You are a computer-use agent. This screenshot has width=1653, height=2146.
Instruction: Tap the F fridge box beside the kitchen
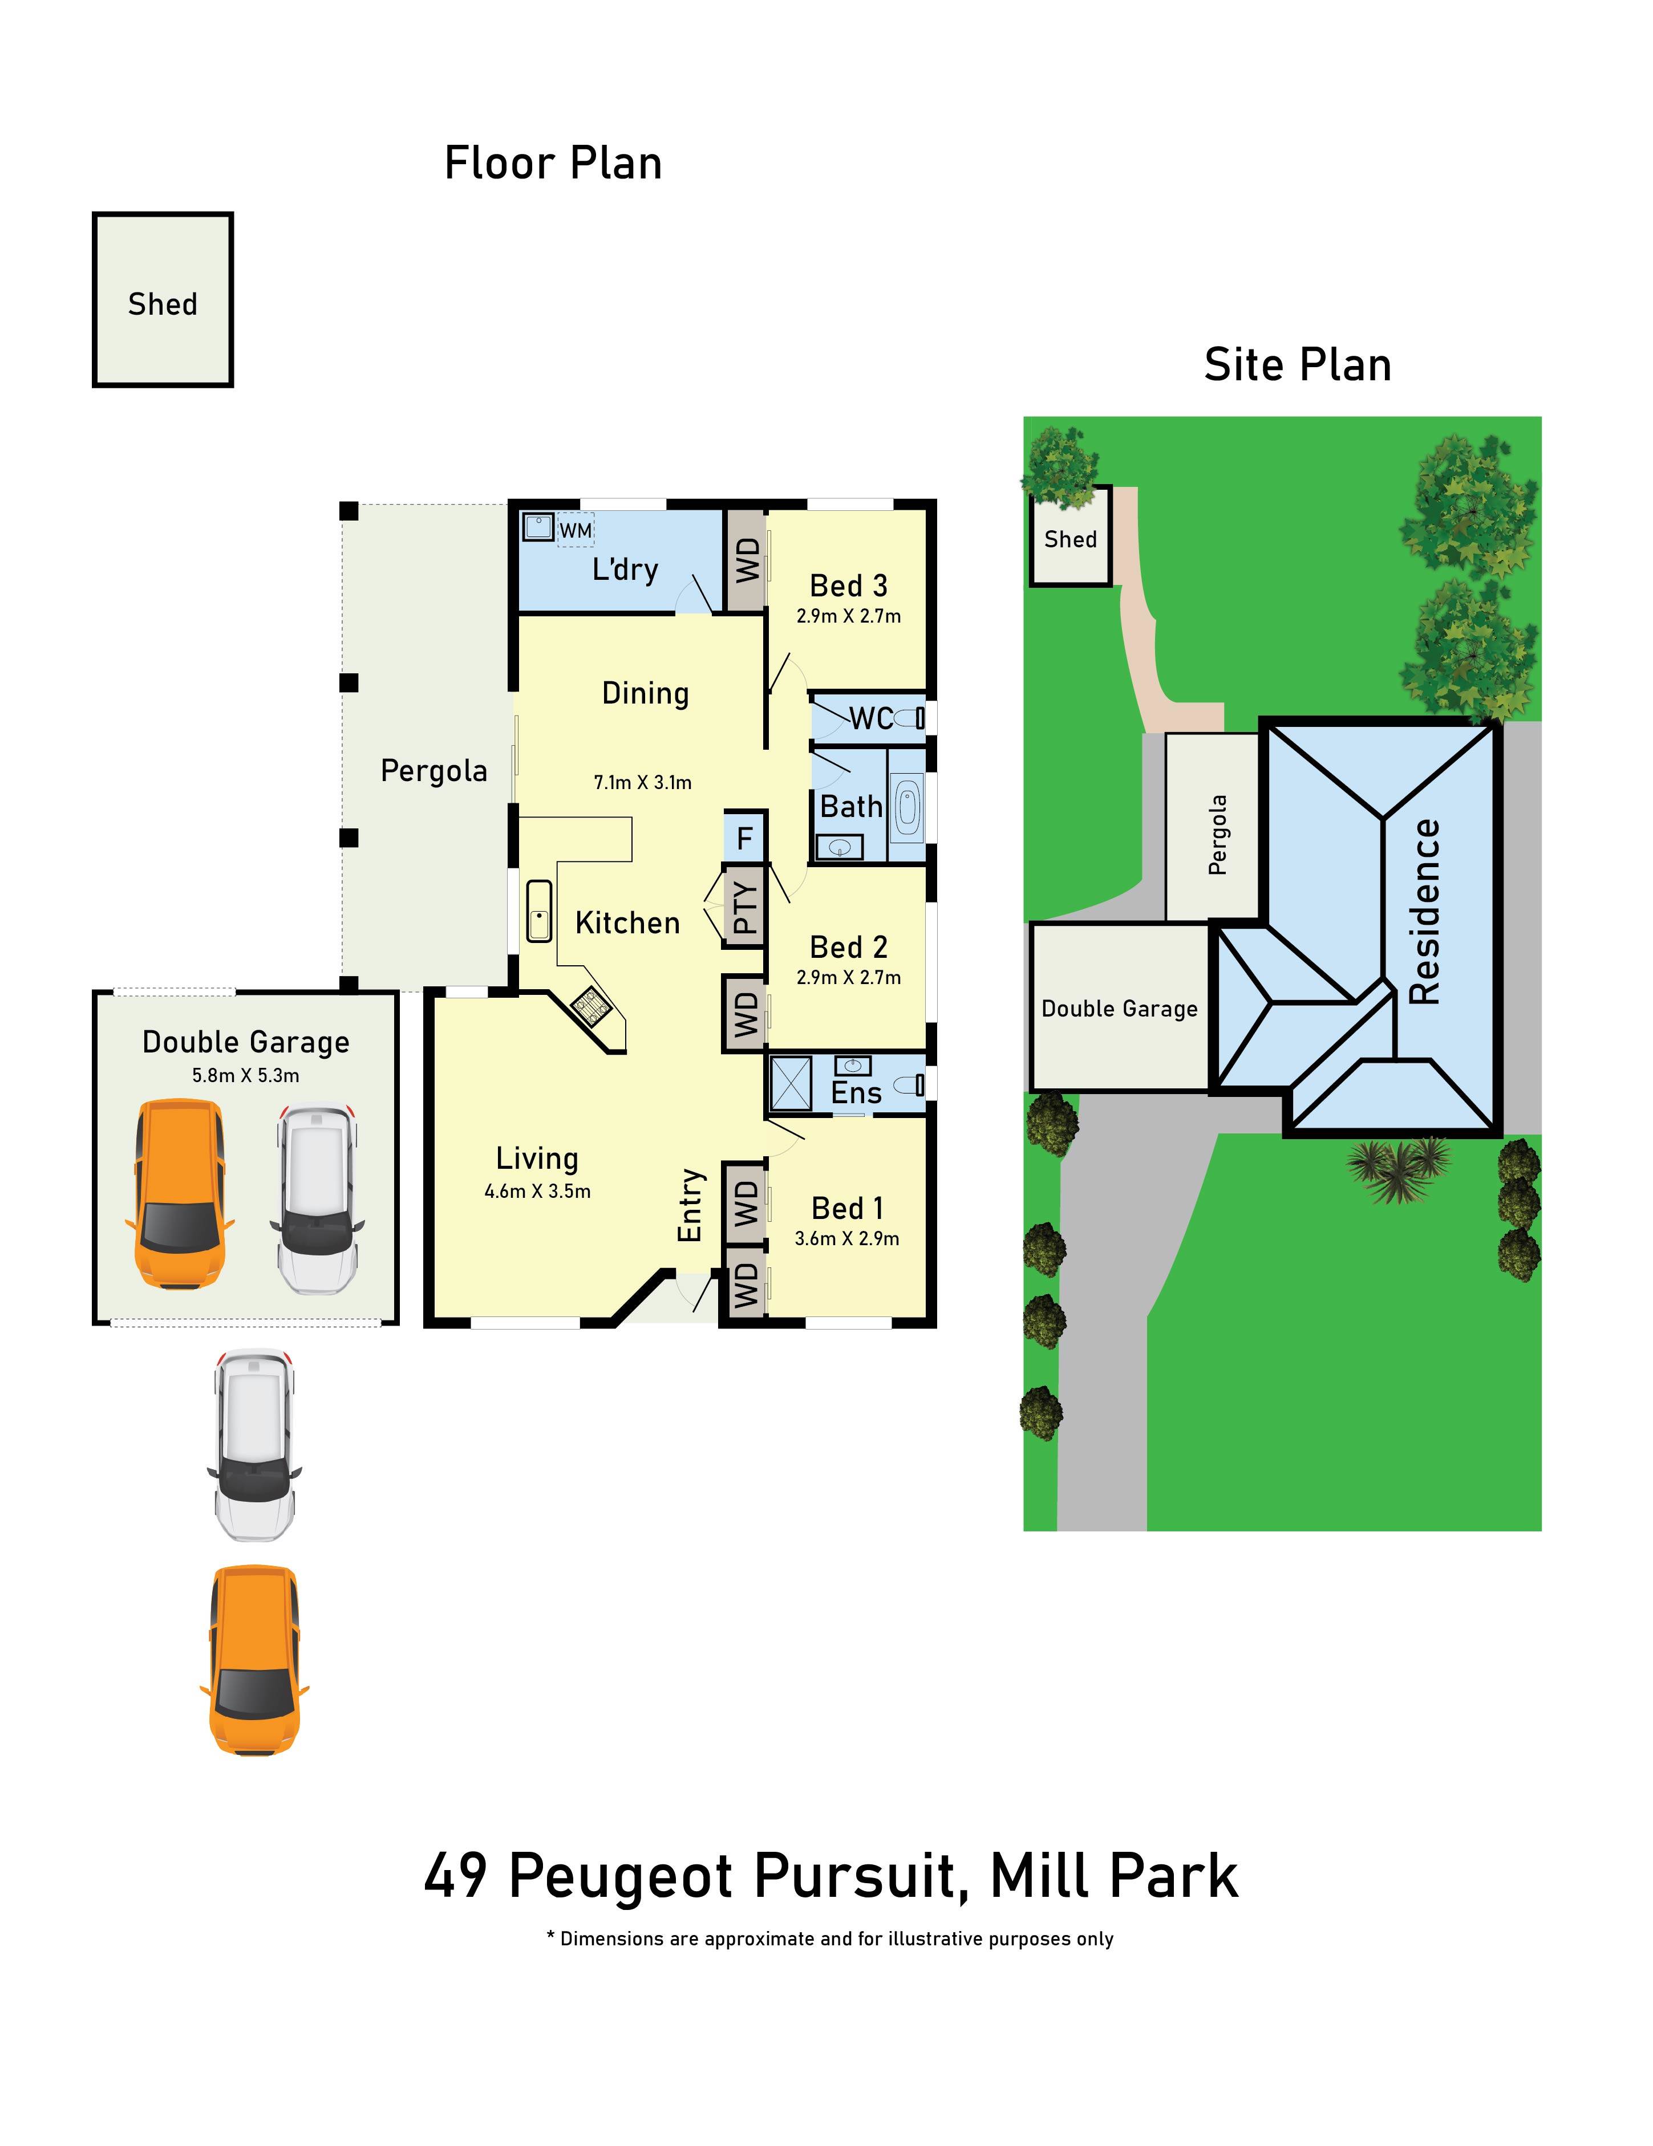pos(744,838)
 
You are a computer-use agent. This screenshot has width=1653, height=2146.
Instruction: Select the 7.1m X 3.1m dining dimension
pos(643,782)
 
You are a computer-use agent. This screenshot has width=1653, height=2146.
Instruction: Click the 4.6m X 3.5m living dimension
pos(537,1191)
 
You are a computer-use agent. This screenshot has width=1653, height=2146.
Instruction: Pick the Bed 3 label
pos(848,586)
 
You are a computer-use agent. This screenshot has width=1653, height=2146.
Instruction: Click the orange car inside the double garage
pos(180,1195)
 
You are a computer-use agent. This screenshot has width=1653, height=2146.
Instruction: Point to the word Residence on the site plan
pos(1424,912)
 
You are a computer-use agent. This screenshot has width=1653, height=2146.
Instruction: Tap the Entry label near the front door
pos(691,1205)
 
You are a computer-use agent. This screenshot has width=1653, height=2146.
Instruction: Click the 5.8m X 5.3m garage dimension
pos(246,1075)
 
